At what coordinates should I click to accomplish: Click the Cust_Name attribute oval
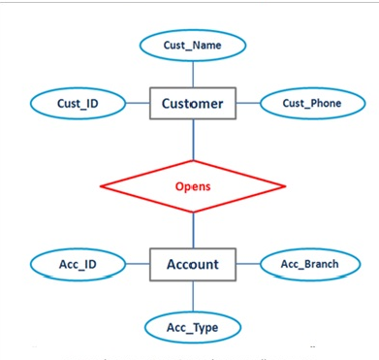(x=193, y=45)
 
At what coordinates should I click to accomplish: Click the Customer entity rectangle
(x=193, y=103)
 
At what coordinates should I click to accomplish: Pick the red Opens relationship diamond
(x=193, y=183)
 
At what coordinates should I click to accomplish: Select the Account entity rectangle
(x=193, y=264)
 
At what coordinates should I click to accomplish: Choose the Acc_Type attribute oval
(x=193, y=327)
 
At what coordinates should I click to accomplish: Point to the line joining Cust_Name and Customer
(x=193, y=74)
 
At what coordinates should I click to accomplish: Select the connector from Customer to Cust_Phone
(x=249, y=103)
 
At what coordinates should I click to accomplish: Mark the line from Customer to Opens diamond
(x=193, y=139)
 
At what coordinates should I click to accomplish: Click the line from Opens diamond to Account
(x=193, y=229)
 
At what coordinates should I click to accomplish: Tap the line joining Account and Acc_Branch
(x=248, y=264)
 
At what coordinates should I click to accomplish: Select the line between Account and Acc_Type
(x=193, y=296)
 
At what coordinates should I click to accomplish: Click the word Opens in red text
(x=193, y=183)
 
